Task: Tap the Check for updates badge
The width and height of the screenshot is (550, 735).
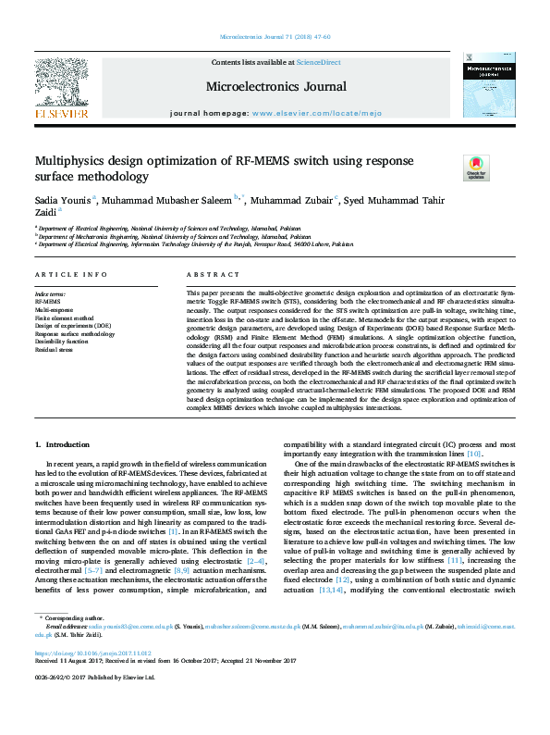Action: click(476, 168)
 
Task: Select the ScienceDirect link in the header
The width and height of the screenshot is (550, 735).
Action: click(318, 61)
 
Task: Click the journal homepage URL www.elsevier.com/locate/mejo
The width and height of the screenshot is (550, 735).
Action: click(301, 113)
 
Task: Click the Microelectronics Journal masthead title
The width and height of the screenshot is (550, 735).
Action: click(276, 87)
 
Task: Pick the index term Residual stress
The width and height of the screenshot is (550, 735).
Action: click(55, 350)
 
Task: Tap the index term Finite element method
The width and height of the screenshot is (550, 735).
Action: click(64, 318)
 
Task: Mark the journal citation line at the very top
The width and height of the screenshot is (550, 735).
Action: click(275, 37)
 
